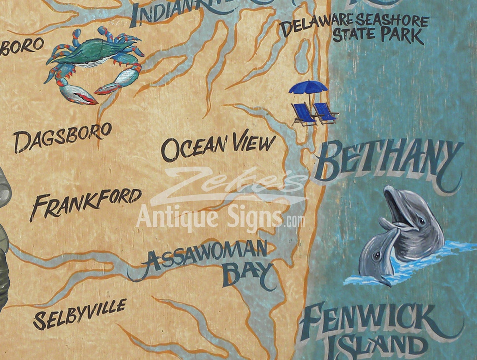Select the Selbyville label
[79, 314]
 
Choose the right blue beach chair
[326, 113]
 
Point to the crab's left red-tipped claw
[79, 95]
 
